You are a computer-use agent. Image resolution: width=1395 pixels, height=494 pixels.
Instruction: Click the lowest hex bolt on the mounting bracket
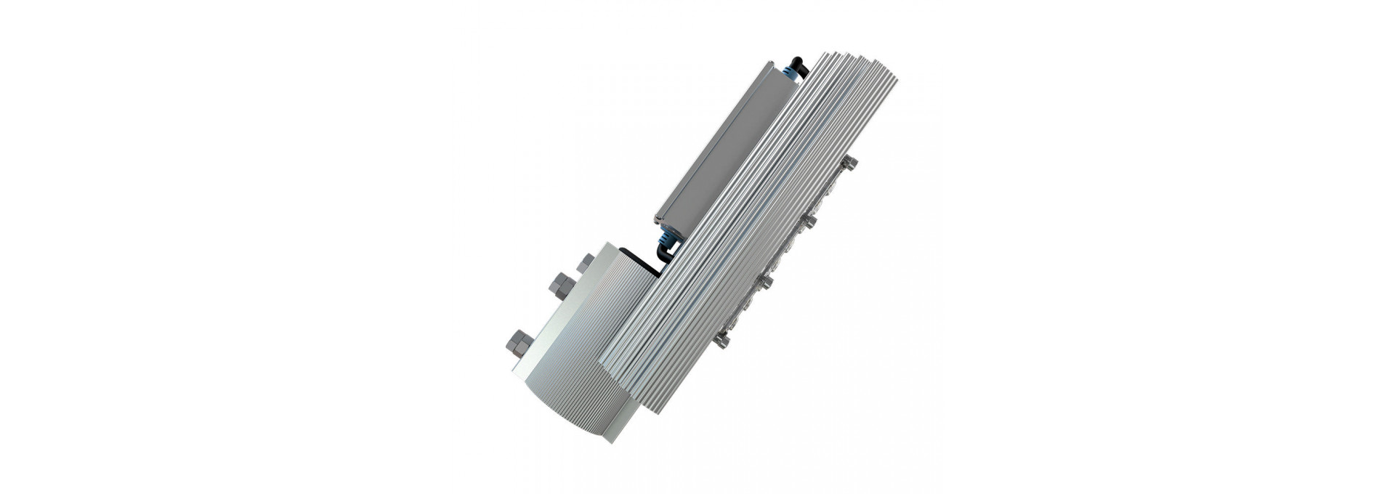pos(519,343)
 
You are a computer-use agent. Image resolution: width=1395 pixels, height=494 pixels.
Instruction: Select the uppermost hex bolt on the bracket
pos(586,263)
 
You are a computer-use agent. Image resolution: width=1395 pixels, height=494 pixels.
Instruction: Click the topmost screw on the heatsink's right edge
pos(849,163)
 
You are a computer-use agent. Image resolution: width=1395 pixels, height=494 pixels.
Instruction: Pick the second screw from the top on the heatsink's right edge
pos(808,221)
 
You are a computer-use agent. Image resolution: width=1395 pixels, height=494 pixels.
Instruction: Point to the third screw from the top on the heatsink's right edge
pos(764,281)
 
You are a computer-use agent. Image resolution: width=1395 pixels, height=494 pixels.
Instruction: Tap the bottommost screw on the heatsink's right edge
pos(721,339)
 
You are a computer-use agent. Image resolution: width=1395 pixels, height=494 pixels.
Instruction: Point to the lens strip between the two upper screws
pos(828,193)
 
